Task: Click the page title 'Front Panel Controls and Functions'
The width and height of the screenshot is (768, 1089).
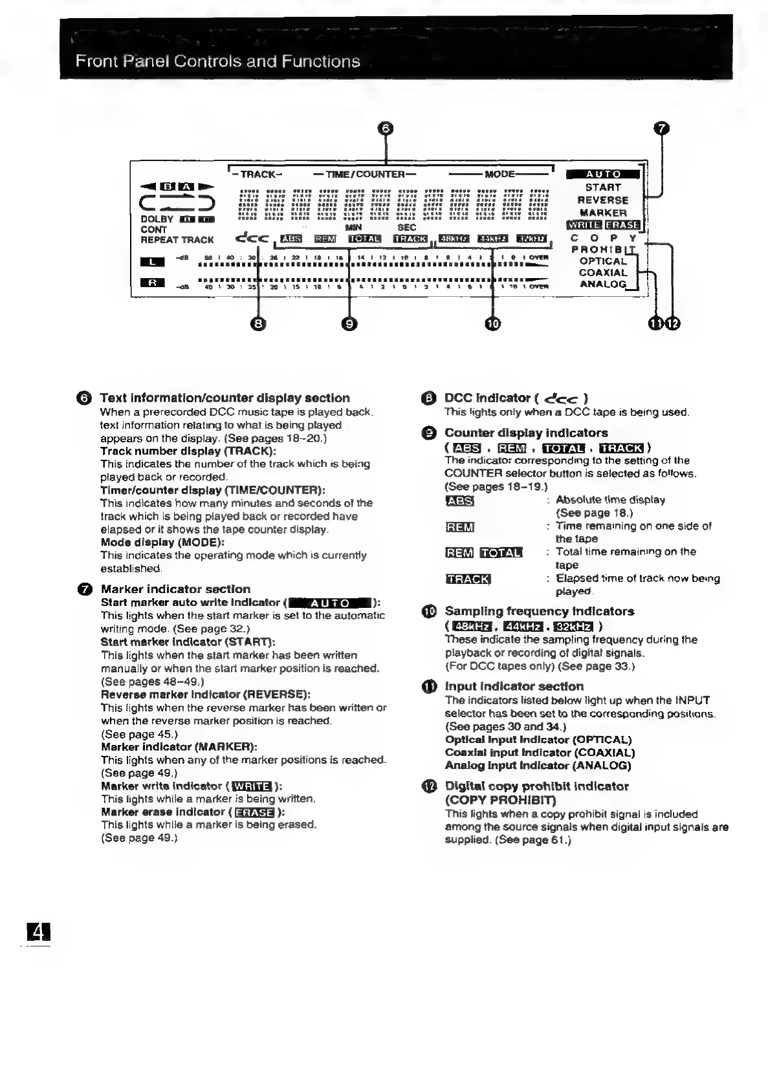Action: (x=217, y=61)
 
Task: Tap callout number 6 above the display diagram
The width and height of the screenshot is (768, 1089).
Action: (x=386, y=128)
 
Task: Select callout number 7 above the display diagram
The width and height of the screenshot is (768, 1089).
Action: (x=661, y=128)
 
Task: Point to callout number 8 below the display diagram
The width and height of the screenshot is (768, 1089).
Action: (x=258, y=323)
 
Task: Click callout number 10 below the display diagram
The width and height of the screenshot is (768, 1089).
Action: (x=493, y=323)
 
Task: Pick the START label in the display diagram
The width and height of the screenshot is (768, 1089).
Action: (x=602, y=187)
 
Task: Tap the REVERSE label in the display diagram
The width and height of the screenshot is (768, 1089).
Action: (x=602, y=200)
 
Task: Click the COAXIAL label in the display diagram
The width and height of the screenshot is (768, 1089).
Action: (x=602, y=272)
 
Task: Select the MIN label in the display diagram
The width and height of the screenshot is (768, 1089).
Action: (x=353, y=228)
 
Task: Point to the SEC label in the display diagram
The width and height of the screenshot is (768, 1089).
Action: (x=406, y=228)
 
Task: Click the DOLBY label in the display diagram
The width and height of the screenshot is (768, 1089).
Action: (x=157, y=219)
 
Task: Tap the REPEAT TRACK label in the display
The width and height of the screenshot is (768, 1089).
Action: (x=177, y=239)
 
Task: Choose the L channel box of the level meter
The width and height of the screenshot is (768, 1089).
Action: (x=152, y=261)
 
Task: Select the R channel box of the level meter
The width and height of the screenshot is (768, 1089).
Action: (x=152, y=283)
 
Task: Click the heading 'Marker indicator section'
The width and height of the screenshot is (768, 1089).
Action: (x=175, y=588)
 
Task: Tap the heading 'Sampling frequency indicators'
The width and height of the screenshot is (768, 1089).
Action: (x=539, y=611)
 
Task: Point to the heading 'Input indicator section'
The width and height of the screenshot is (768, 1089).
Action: (x=514, y=686)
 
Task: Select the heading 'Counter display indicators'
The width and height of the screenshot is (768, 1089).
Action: (x=526, y=433)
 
